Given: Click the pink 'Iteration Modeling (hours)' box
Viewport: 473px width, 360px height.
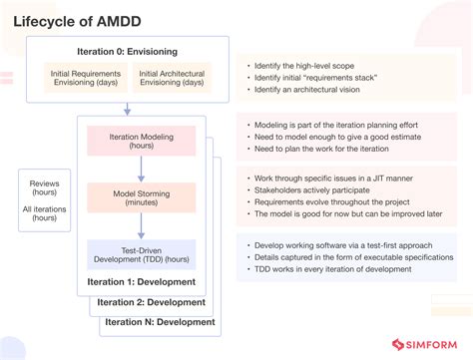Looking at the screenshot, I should pos(141,140).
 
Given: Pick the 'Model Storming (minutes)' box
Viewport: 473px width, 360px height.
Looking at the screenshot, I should pos(141,196).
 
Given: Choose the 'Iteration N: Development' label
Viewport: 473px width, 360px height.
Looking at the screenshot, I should pos(158,322).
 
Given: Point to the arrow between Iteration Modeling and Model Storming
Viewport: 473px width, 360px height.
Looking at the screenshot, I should pos(141,169).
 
